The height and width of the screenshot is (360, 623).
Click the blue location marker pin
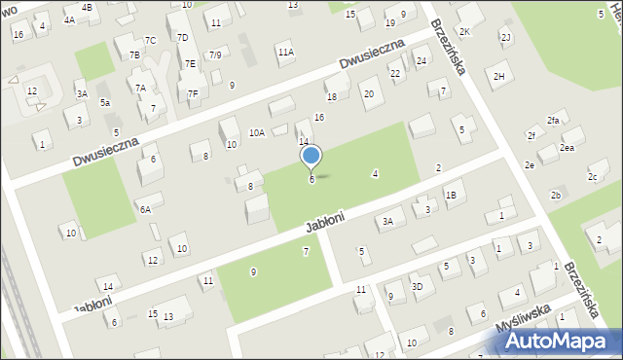(x=311, y=157)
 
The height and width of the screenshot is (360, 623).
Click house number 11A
(x=284, y=52)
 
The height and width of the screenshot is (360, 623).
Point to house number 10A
(x=256, y=132)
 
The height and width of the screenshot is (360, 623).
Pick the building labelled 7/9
(x=215, y=55)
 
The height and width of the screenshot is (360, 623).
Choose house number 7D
(x=183, y=37)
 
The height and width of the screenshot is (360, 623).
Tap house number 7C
(x=150, y=40)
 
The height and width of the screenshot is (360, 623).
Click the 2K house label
(x=464, y=32)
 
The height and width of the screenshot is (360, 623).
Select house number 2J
(x=505, y=37)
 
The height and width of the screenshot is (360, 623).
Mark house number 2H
(x=499, y=76)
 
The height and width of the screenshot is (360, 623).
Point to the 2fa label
(x=553, y=120)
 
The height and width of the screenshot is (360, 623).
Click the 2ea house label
(x=567, y=147)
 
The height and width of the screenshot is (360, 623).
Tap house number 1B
(x=451, y=195)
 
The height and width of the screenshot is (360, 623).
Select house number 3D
(x=417, y=286)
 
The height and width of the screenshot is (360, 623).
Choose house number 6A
(x=145, y=209)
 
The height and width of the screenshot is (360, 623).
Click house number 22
(x=394, y=73)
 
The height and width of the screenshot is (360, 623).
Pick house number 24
(x=421, y=61)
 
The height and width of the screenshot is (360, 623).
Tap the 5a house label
(x=105, y=102)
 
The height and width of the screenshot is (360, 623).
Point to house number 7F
(x=193, y=93)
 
